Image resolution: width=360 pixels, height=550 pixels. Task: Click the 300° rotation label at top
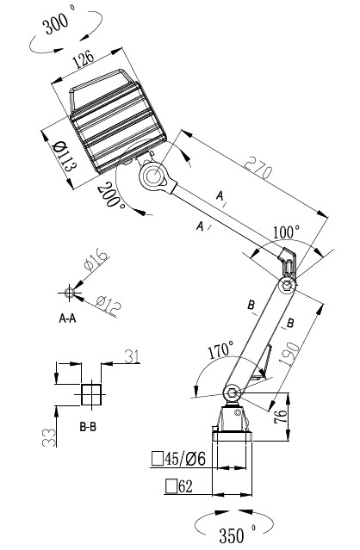point(58,22)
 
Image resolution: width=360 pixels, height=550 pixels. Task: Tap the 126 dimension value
point(84,59)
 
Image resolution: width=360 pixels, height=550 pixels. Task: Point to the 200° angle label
point(111,195)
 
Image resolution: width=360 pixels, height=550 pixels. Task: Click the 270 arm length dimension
point(258,167)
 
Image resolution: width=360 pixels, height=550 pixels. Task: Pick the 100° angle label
point(287,232)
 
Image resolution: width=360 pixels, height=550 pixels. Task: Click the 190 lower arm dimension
point(290,355)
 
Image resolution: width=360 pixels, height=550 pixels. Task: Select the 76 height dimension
point(281,417)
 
